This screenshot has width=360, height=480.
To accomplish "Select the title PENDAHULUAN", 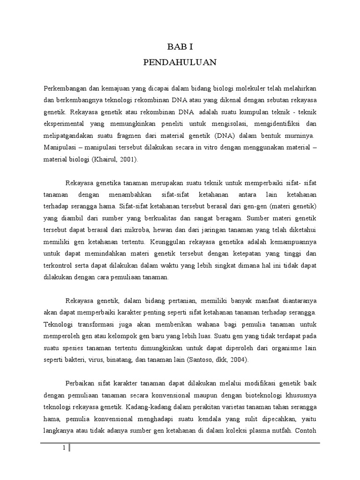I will click(x=180, y=62).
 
